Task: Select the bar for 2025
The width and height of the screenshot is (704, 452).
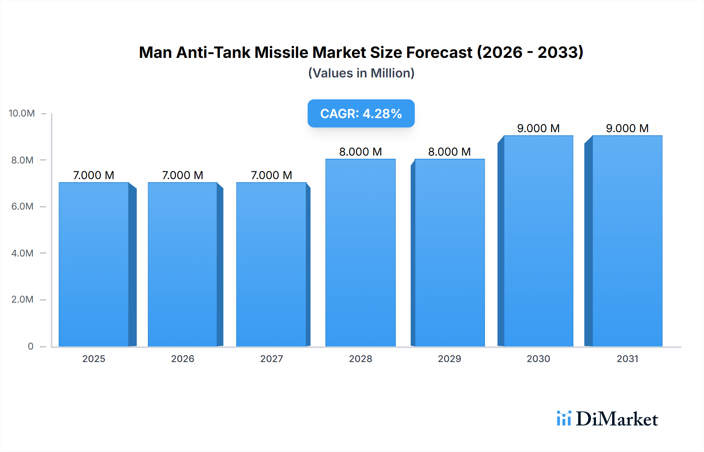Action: (x=94, y=264)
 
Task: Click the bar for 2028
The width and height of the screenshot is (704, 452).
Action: (x=360, y=253)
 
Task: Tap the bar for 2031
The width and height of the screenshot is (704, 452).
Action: (x=627, y=241)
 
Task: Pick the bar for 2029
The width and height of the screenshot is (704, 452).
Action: (x=449, y=253)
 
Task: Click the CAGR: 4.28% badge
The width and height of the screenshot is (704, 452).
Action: (x=361, y=113)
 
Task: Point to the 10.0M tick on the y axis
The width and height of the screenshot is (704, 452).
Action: (x=22, y=113)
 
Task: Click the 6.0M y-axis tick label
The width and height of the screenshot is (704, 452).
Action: (x=22, y=206)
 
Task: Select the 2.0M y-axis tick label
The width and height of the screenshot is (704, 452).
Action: (x=22, y=300)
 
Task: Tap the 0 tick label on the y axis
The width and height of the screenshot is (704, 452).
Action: (x=31, y=346)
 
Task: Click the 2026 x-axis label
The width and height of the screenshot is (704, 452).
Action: (x=183, y=359)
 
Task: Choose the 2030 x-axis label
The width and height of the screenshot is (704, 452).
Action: (x=538, y=359)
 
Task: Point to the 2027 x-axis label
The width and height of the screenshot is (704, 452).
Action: (x=271, y=359)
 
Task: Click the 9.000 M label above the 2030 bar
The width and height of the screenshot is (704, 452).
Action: (x=538, y=128)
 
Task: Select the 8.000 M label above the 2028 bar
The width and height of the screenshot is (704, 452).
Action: (x=360, y=152)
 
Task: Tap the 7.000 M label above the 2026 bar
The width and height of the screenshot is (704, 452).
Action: (x=183, y=175)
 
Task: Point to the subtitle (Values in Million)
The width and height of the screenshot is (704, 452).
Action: (x=361, y=73)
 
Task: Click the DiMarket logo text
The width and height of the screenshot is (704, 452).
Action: (x=617, y=419)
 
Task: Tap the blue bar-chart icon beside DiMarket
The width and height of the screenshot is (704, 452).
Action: (x=564, y=418)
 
